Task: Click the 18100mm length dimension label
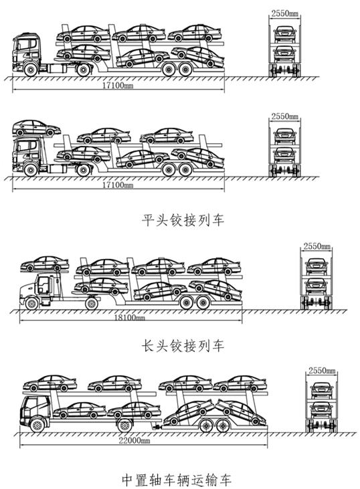[129, 318]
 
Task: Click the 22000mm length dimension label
[134, 440]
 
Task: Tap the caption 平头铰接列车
[183, 220]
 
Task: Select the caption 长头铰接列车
[183, 346]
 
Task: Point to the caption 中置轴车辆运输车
[177, 480]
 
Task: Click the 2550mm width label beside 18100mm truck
[317, 246]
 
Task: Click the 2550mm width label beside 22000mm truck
[322, 371]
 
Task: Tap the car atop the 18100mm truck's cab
[45, 264]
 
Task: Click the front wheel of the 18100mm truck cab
[31, 304]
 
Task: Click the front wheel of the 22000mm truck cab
[37, 425]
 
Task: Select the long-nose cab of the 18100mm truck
[39, 290]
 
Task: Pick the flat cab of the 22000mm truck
[35, 411]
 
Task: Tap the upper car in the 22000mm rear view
[322, 391]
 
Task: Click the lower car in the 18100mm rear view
[317, 286]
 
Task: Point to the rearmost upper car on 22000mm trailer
[240, 383]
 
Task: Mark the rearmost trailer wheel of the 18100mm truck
[203, 302]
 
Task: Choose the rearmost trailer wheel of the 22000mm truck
[221, 425]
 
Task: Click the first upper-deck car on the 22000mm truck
[50, 383]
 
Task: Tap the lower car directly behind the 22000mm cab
[80, 410]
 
